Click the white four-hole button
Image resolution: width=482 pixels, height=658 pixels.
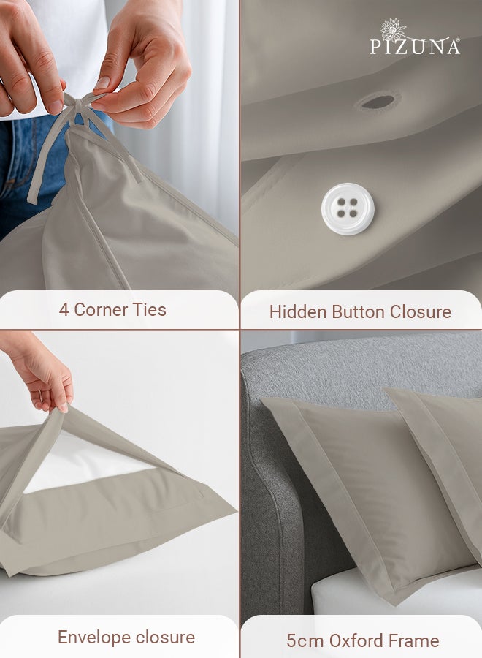[x=348, y=208]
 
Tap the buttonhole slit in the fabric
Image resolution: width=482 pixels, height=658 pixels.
[x=378, y=102]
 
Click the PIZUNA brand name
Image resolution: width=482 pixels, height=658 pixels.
[x=415, y=47]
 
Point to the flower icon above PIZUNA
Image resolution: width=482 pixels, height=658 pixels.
[x=393, y=29]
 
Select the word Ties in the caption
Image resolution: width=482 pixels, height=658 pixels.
[x=149, y=309]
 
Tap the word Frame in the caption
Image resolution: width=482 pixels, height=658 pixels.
[x=416, y=641]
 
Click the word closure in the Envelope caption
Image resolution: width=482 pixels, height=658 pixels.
[x=164, y=637]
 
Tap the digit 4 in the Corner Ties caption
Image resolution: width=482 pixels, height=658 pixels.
[x=64, y=309]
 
